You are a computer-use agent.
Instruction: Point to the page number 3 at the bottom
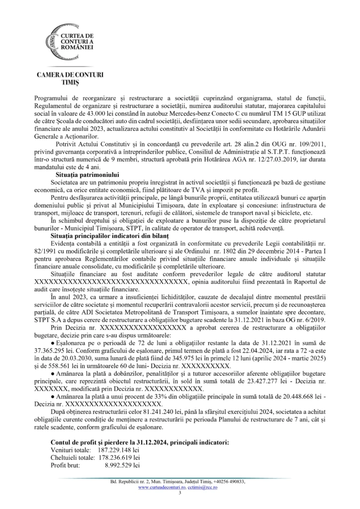[180, 494]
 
